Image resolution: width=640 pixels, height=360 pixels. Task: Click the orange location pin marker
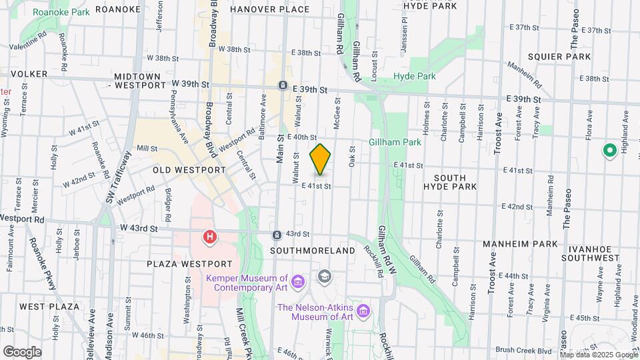point(320,159)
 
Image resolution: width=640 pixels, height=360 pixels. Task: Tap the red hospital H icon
point(210,237)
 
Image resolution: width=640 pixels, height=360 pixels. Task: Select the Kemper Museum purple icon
point(298,283)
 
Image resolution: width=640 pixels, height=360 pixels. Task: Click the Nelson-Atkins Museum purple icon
point(363,311)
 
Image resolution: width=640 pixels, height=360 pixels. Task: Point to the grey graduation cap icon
point(324,276)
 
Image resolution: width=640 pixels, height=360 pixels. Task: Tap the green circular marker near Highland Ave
point(609,151)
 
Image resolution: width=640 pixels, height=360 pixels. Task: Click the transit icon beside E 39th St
point(283,87)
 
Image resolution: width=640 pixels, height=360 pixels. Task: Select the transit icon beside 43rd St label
point(277,235)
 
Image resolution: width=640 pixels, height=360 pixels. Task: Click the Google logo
point(22,352)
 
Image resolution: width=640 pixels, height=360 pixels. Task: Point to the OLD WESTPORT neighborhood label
point(189,170)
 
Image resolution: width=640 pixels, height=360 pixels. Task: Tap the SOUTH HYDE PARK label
point(455,182)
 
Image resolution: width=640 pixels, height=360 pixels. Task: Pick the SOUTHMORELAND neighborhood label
point(313,251)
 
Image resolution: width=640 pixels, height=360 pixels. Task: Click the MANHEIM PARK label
point(524,244)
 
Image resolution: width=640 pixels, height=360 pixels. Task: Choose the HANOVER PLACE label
point(269,9)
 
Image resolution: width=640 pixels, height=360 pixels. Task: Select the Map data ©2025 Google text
point(599,355)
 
